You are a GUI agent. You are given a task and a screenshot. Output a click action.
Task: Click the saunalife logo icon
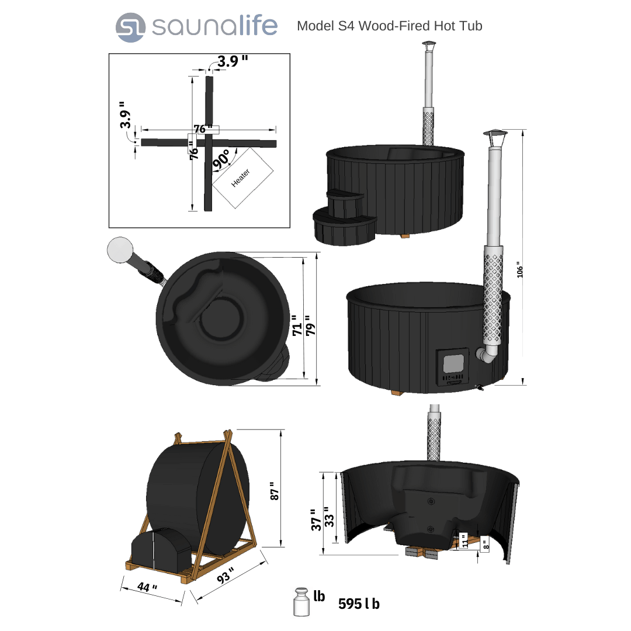(130, 27)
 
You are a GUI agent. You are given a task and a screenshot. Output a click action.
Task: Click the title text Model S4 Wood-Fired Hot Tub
(389, 26)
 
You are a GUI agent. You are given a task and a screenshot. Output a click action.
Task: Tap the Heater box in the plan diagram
(242, 178)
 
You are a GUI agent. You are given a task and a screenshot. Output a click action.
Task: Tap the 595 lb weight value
(359, 604)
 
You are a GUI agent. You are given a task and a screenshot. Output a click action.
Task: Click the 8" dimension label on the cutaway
(485, 545)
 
